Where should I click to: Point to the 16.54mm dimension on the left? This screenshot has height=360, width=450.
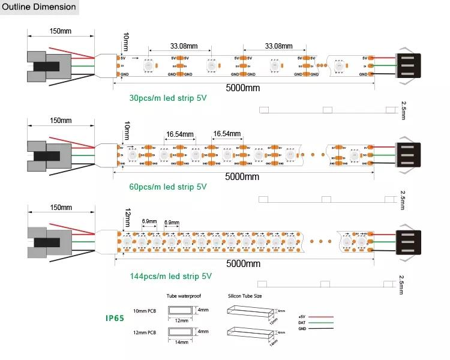coord(180,134)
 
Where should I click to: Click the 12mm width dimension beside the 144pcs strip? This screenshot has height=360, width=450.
coord(127,214)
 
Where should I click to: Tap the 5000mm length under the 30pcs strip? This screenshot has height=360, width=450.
coord(242,87)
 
